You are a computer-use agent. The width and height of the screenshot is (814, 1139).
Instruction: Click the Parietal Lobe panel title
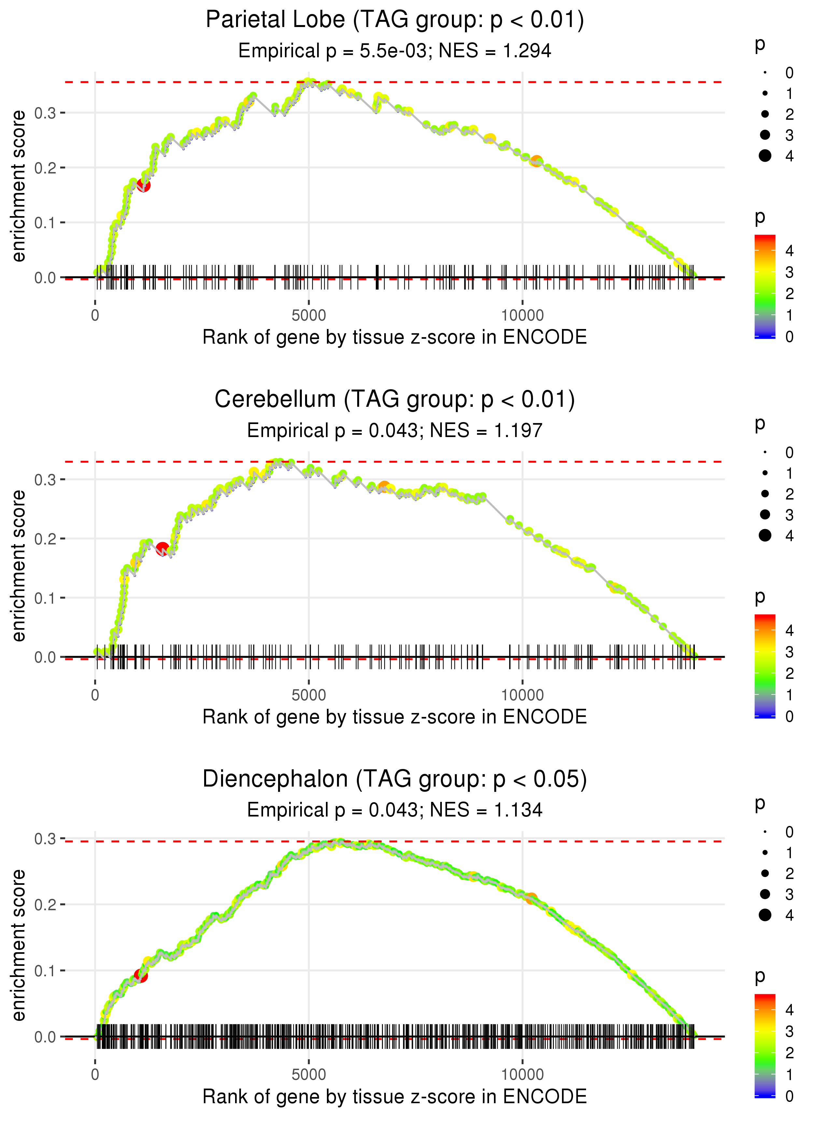(395, 20)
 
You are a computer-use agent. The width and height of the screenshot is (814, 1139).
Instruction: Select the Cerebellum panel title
(395, 400)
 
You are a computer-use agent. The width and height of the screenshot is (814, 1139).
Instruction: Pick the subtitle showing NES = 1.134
(395, 810)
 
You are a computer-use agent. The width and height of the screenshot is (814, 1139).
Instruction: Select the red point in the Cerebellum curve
(162, 548)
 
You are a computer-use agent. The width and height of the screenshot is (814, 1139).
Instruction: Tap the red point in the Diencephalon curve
(141, 976)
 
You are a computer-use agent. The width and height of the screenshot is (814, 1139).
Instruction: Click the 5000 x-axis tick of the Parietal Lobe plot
(309, 316)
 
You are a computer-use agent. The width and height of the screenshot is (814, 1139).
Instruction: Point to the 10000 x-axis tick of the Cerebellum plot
(522, 695)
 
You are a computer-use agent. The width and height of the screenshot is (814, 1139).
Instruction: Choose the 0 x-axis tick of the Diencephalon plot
(95, 1075)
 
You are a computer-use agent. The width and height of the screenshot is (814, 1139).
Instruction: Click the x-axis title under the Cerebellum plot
(395, 717)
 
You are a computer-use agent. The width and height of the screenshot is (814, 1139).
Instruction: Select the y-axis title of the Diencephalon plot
(19, 945)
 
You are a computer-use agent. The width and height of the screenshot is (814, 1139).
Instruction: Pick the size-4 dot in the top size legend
(765, 156)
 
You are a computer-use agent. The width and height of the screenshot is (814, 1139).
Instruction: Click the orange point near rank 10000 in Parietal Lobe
(536, 161)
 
